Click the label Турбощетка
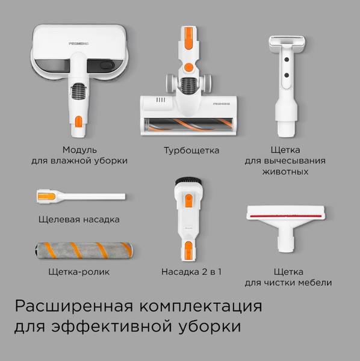coord(191,150)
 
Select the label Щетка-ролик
coord(79,272)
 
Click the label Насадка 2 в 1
coord(191,272)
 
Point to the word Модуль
coord(79,150)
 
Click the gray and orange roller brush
coord(79,250)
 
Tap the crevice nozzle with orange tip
coord(79,196)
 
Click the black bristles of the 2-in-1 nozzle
coord(187,180)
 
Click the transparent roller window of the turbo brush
coord(190,125)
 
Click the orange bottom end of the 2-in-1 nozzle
coord(188,247)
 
